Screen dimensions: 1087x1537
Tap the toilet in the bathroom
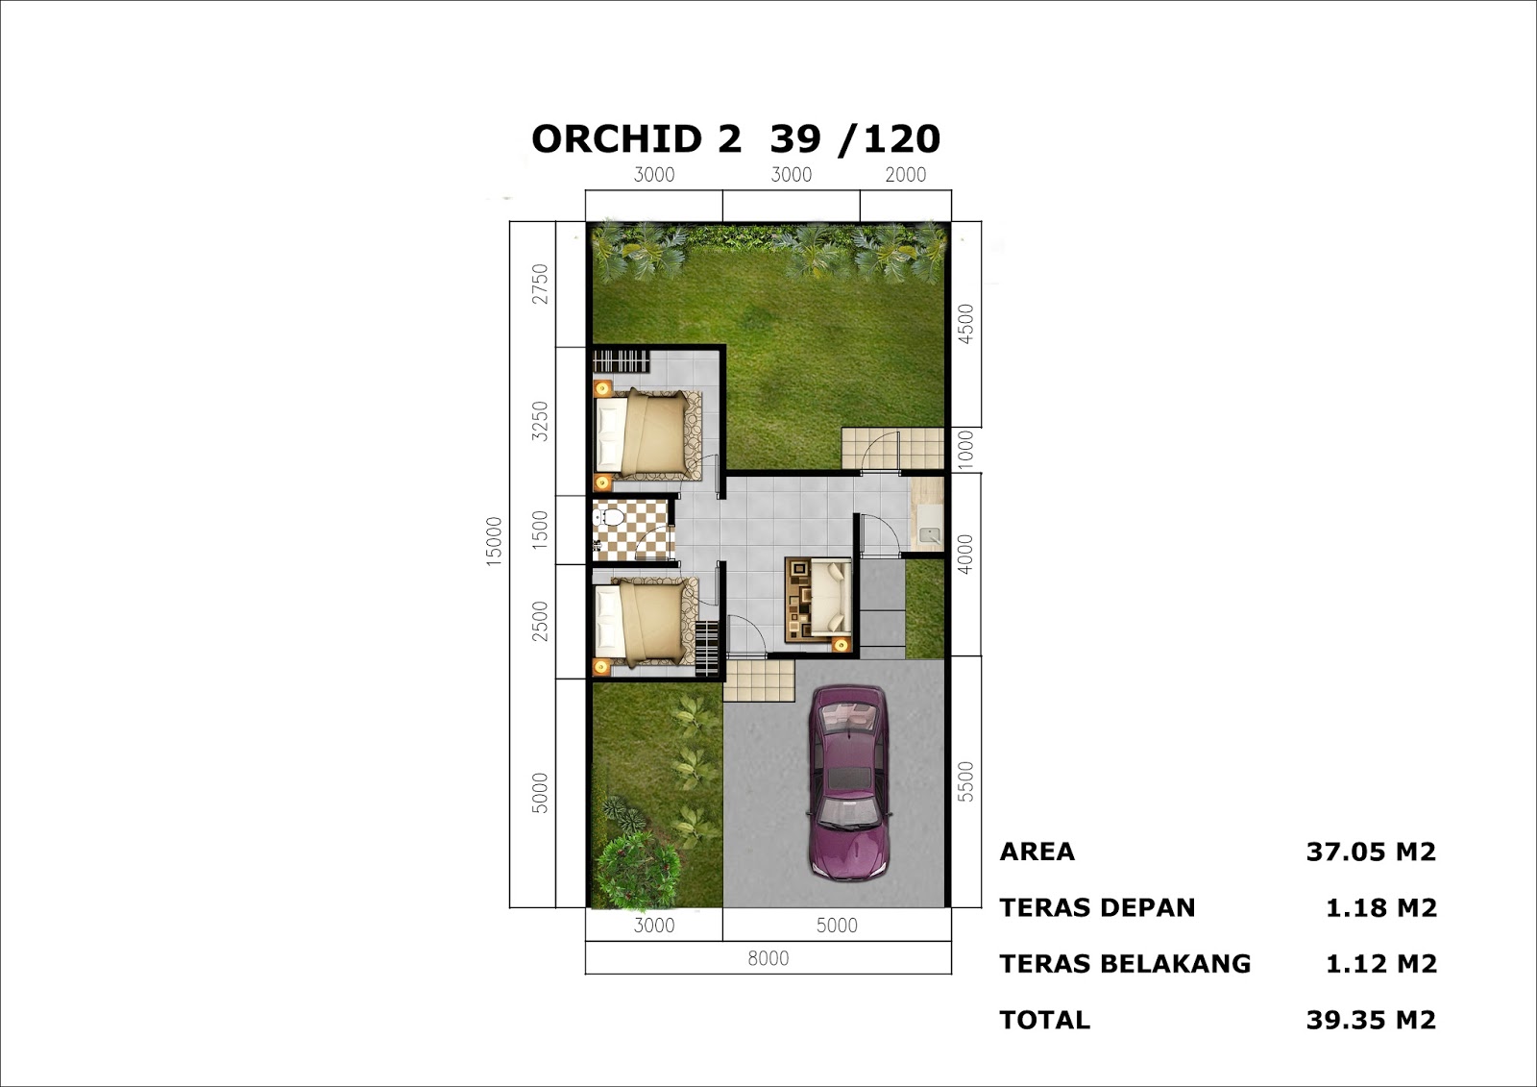[609, 518]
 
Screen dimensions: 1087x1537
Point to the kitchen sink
[929, 534]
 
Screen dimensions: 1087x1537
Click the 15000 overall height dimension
[494, 541]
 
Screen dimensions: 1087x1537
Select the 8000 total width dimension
[768, 958]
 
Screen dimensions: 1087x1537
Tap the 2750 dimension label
[540, 284]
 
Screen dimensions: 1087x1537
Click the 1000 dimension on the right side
[965, 449]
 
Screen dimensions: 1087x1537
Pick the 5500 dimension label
[965, 781]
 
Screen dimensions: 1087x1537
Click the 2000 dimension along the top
[905, 175]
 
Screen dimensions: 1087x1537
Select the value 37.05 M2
[1370, 852]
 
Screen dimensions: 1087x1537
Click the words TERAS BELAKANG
[1125, 964]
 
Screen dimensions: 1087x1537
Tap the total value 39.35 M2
[1370, 1020]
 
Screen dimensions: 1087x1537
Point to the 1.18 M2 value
[1380, 908]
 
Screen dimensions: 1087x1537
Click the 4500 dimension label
[965, 323]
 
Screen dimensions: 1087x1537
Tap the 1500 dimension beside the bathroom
[540, 530]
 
